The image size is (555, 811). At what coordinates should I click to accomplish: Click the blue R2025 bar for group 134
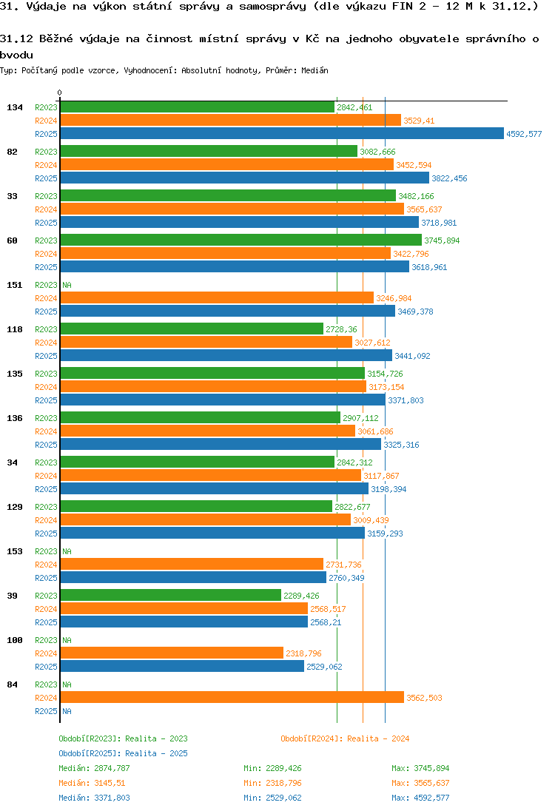coord(281,134)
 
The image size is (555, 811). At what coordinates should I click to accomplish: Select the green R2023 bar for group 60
coord(240,240)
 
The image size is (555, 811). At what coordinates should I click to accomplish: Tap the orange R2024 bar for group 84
coord(232,698)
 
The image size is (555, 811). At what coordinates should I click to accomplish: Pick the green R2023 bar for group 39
coord(170,596)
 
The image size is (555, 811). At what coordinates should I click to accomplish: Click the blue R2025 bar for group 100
coord(181,667)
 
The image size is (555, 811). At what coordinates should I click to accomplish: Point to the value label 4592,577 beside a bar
coord(524,134)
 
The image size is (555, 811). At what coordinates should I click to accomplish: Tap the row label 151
coord(14,285)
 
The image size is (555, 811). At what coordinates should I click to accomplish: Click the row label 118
coord(14,329)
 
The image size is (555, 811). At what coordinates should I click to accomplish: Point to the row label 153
coord(14,551)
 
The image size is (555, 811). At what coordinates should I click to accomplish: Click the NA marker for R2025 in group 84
coord(67,711)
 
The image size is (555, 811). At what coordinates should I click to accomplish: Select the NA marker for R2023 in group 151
coord(67,285)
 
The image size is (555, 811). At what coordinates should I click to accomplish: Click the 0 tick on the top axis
coord(59,93)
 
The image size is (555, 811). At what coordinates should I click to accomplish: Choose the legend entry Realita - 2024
coord(345,738)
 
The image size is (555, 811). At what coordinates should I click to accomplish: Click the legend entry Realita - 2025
coord(123,753)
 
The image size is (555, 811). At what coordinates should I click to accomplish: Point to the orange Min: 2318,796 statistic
coord(272,783)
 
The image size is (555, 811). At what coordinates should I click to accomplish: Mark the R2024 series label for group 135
coord(46,387)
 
